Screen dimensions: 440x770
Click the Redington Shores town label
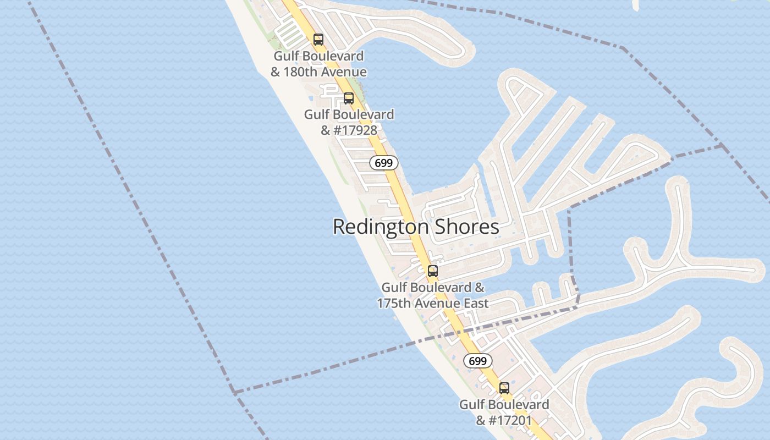pos(416,227)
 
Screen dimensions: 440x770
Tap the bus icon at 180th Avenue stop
pos(318,40)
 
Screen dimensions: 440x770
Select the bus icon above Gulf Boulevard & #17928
pos(349,98)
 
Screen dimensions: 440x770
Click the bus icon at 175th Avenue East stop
pos(433,271)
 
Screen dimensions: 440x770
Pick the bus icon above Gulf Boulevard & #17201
pos(504,388)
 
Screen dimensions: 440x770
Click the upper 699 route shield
pos(383,163)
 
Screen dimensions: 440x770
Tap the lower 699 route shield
pos(477,361)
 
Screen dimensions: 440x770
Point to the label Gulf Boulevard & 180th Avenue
pos(318,64)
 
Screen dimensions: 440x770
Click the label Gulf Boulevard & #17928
pos(349,122)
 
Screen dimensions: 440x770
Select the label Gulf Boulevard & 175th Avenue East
pos(433,295)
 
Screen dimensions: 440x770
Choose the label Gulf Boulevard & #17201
pos(504,413)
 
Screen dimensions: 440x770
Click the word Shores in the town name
pos(467,227)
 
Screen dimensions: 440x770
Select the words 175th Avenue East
pos(433,303)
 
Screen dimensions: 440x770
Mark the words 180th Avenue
pos(324,72)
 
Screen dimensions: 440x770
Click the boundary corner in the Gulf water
pos(235,392)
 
